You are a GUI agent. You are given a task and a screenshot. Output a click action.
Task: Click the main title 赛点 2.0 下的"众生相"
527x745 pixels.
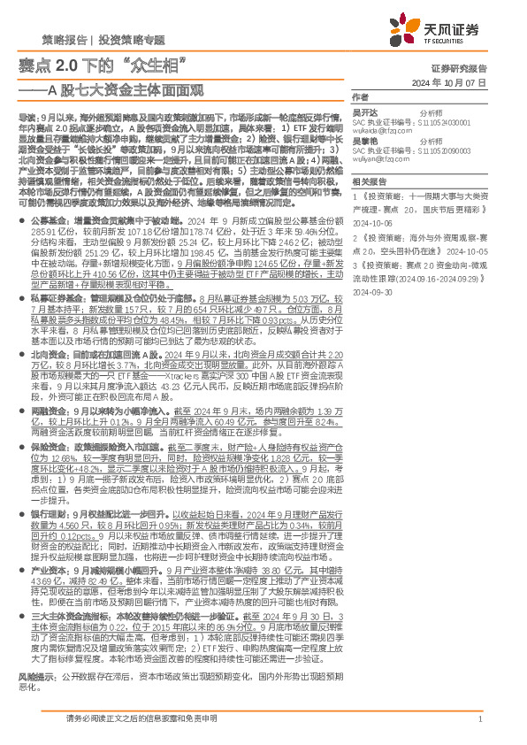click(107, 64)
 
